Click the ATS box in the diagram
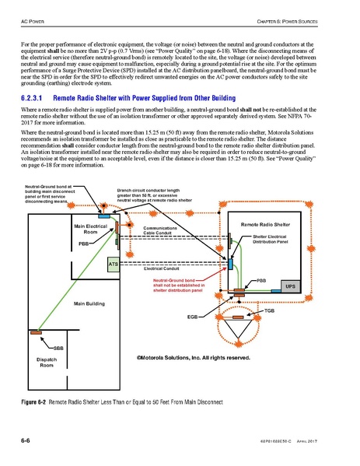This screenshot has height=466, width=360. pos(113,265)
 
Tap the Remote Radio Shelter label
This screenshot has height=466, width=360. pos(265,224)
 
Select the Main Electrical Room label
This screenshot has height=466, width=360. pos(90,229)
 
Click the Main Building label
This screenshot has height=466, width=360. pos(89,303)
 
